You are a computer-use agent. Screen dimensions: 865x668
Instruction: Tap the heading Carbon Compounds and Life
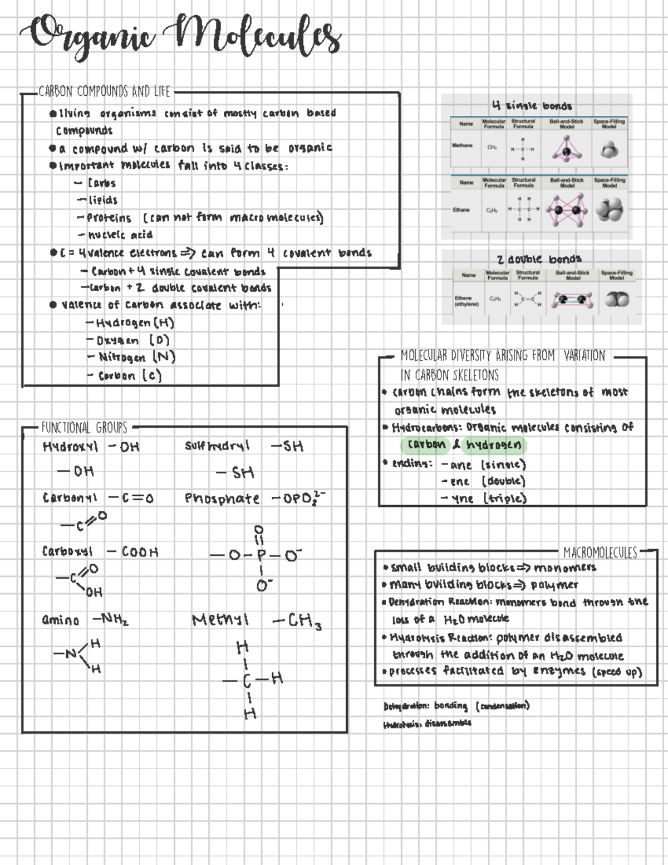pos(104,91)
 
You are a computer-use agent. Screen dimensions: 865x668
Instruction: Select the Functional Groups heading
pos(84,428)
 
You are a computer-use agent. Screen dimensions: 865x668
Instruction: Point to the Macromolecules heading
pos(600,553)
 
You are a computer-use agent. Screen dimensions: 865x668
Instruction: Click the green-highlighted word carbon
pos(426,445)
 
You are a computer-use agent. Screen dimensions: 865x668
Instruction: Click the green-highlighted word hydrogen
pos(494,445)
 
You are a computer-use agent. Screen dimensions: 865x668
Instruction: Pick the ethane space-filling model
pos(609,210)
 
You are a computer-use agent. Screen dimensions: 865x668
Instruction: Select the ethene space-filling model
pos(617,300)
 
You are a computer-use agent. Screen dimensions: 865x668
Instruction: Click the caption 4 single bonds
pos(532,105)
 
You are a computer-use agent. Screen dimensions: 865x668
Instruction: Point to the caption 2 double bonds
pos(538,259)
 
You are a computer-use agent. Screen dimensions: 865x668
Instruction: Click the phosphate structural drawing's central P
pos(261,555)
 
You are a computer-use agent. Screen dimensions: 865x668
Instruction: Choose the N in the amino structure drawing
pos(71,654)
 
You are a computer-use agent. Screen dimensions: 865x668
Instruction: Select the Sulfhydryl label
pos(217,446)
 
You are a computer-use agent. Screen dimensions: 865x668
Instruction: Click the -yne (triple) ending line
pos(483,499)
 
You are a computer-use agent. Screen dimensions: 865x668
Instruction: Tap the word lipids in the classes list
pos(103,200)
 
